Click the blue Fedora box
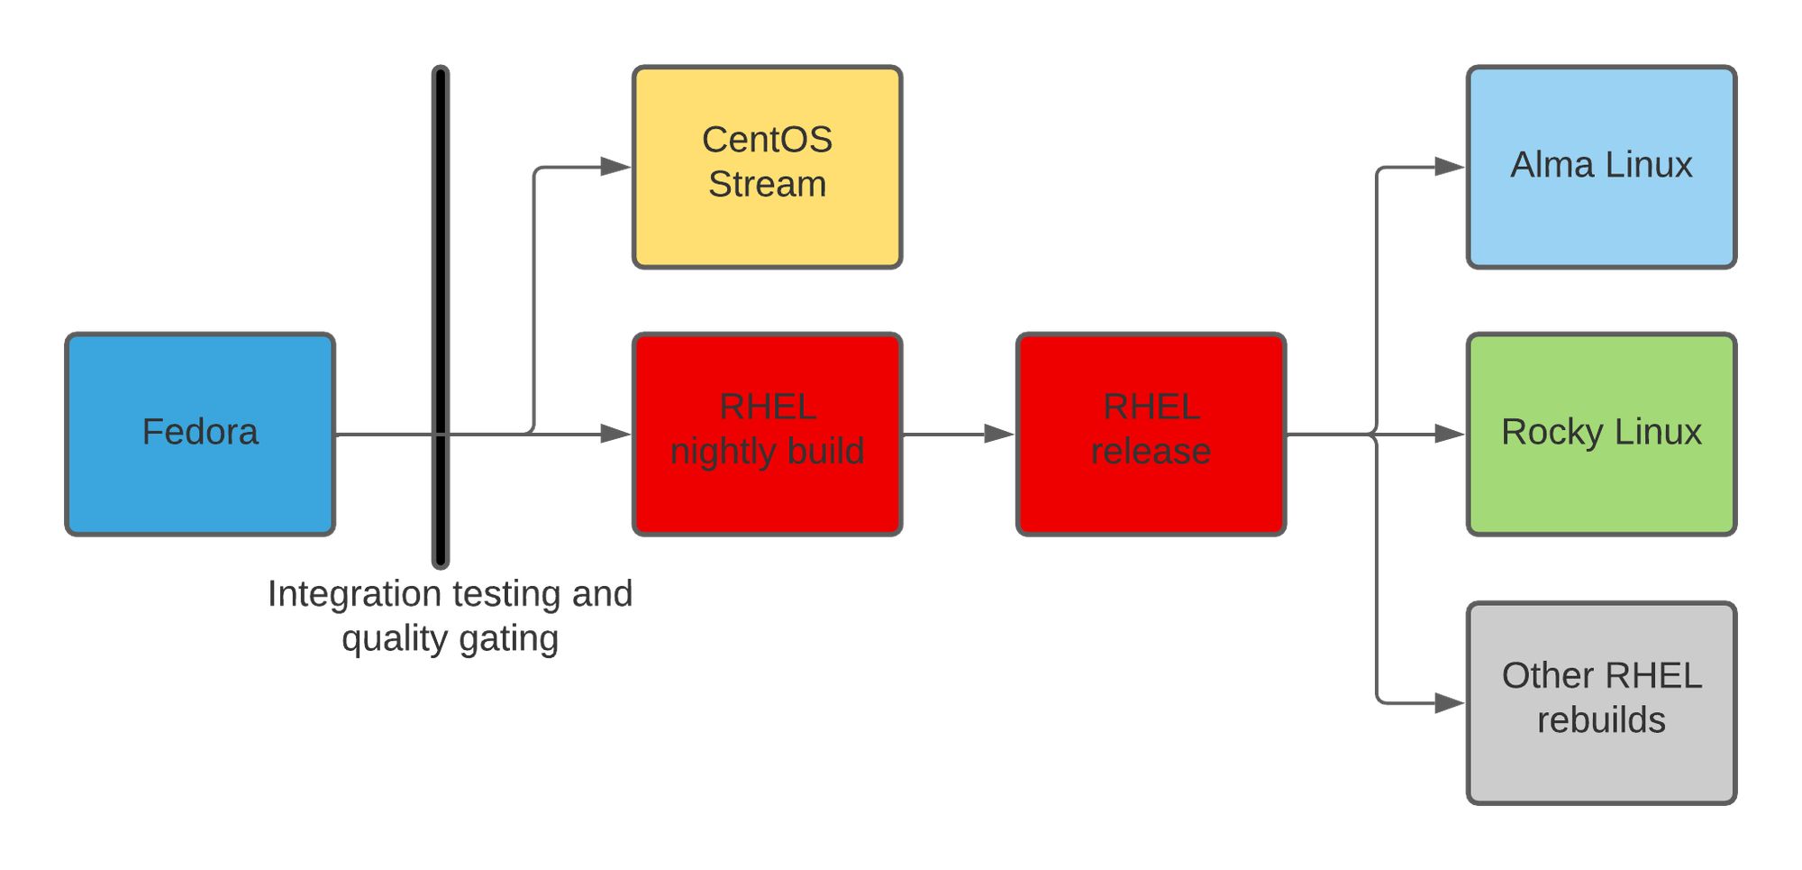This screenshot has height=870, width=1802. coord(200,435)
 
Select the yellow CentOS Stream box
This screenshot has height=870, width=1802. coord(767,167)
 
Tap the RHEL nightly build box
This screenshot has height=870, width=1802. coord(767,435)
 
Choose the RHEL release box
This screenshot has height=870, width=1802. coord(1151,435)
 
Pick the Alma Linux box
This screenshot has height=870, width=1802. coord(1601,167)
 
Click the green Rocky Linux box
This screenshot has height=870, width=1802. coord(1601,435)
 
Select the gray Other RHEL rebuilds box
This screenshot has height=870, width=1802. coord(1601,703)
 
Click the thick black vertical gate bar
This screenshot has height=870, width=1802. coord(441,317)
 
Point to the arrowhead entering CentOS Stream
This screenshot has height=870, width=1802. coord(616,167)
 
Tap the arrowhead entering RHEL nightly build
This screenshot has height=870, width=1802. coord(616,435)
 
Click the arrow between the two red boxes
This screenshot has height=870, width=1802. coord(959,435)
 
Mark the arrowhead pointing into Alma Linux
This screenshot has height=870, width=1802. coord(1451,167)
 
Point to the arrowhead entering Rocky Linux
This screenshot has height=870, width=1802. coord(1451,435)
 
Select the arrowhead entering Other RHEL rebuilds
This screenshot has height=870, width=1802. coord(1451,703)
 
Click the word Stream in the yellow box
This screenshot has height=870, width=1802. coord(767,185)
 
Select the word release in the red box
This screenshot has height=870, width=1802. coord(1151,452)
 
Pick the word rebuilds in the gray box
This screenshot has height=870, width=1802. coord(1601,720)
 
